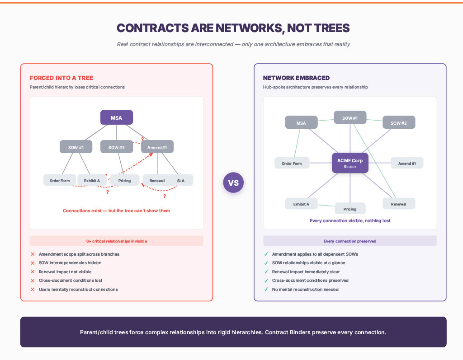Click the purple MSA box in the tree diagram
click(x=117, y=117)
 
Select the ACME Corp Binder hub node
click(x=350, y=163)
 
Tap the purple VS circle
click(x=233, y=183)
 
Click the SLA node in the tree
click(x=181, y=180)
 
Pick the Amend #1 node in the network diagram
click(x=407, y=163)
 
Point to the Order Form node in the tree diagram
click(x=60, y=180)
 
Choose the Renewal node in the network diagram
click(x=398, y=204)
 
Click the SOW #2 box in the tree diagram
click(x=117, y=147)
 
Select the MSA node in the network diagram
click(x=301, y=123)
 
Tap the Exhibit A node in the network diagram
click(x=301, y=204)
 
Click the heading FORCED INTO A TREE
click(x=61, y=78)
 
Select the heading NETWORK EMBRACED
click(x=296, y=78)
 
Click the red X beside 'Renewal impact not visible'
click(x=33, y=272)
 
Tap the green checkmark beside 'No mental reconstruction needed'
click(x=266, y=289)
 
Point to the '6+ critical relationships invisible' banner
click(x=117, y=241)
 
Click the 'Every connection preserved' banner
click(x=350, y=241)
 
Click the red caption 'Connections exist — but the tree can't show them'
click(x=117, y=210)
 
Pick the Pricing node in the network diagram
click(x=350, y=209)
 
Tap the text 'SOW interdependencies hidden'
click(x=70, y=263)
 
